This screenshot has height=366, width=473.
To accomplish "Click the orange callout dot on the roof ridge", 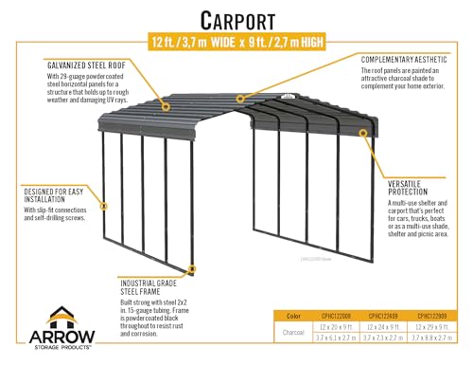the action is (241, 98).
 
